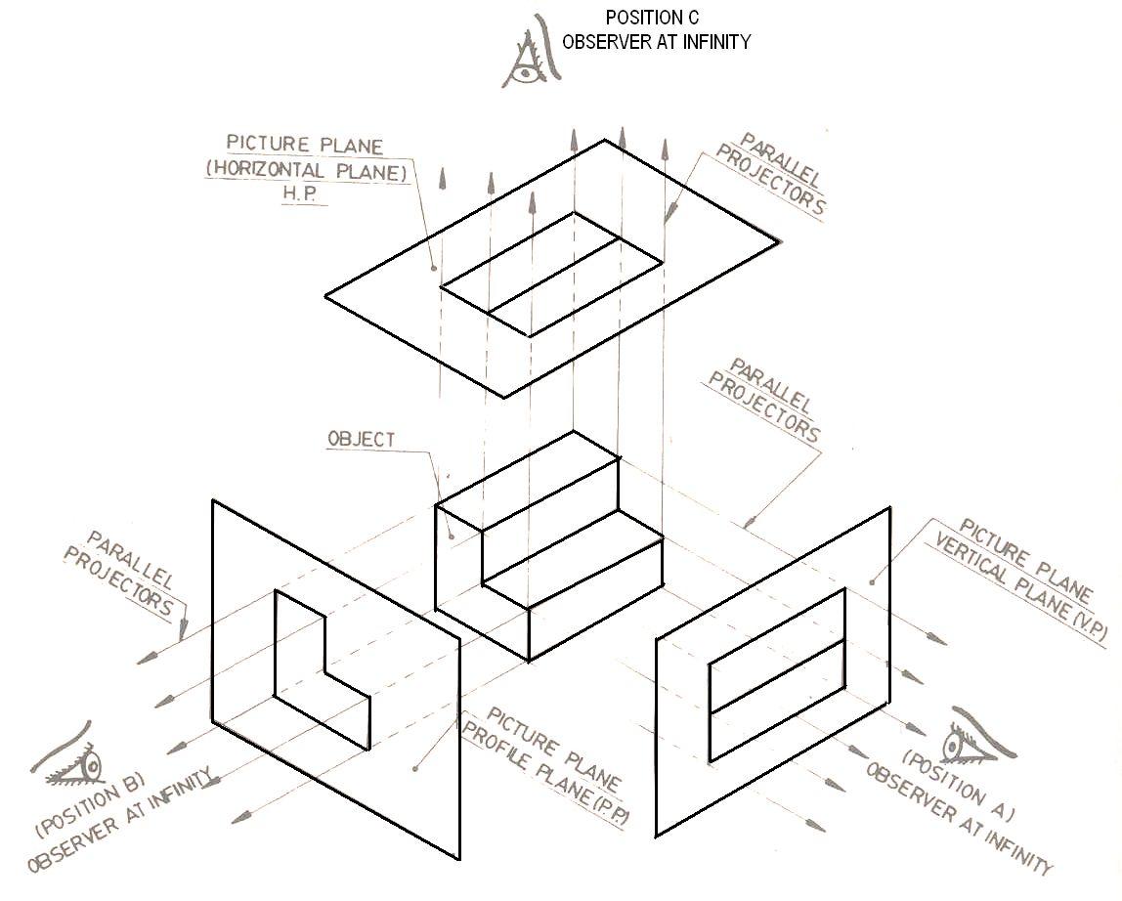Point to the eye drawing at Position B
pos(72,761)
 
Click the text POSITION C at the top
pos(652,18)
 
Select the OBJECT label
pos(362,440)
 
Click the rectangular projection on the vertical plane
pos(777,674)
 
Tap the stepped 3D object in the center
pos(547,547)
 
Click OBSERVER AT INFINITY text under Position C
pos(656,41)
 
